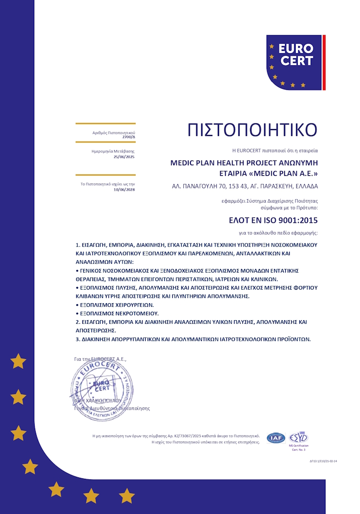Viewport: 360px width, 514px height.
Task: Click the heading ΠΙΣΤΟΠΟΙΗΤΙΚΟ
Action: click(x=252, y=130)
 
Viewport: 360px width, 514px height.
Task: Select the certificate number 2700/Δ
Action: click(x=129, y=137)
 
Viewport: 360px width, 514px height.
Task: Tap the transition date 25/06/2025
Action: click(x=124, y=157)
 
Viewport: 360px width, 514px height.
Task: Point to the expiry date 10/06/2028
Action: click(x=124, y=189)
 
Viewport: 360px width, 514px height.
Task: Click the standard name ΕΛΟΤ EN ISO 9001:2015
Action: click(x=273, y=220)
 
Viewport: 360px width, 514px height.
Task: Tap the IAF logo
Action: click(x=276, y=438)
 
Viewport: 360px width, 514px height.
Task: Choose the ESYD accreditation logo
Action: click(x=298, y=437)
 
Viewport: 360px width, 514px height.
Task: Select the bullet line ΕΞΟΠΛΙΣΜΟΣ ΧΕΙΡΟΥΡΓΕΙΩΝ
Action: click(x=116, y=305)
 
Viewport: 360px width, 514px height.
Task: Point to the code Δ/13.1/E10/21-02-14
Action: click(x=323, y=460)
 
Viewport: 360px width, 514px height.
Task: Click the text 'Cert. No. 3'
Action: click(x=298, y=449)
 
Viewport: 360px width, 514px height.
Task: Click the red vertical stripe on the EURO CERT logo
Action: click(x=324, y=62)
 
